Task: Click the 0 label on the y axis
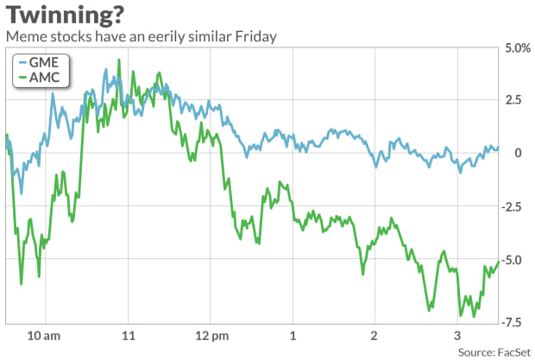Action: pyautogui.click(x=518, y=153)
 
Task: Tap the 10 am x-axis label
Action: pyautogui.click(x=43, y=334)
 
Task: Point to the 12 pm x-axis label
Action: pyautogui.click(x=211, y=334)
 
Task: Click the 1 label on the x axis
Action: pyautogui.click(x=293, y=334)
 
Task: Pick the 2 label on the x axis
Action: pyautogui.click(x=374, y=334)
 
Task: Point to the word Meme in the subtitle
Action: pyautogui.click(x=23, y=37)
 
